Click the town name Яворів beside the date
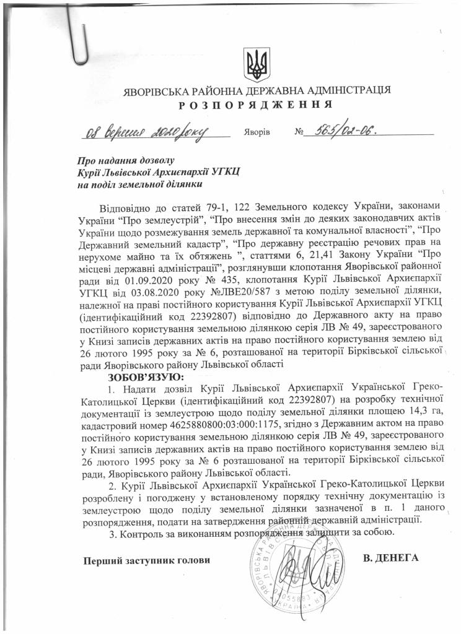coord(257,132)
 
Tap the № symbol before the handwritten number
coord(301,132)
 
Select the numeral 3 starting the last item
coord(111,533)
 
